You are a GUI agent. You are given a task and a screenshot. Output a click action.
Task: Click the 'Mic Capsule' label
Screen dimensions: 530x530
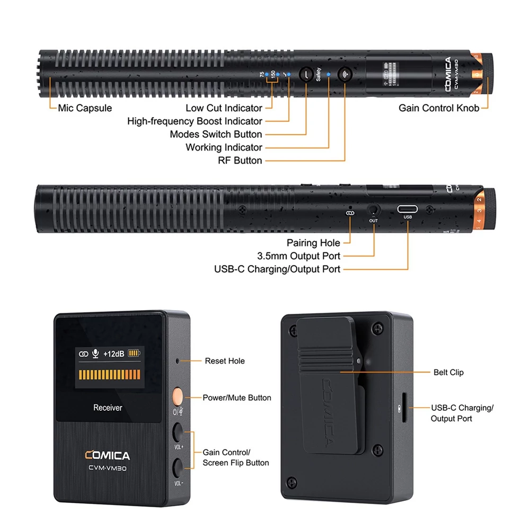click(x=85, y=108)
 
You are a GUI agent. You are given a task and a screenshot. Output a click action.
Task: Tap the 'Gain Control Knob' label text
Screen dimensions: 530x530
click(x=439, y=108)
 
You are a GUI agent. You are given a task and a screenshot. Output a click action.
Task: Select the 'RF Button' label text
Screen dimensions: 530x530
click(x=240, y=161)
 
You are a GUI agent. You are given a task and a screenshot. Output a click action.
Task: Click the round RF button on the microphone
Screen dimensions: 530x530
click(x=345, y=74)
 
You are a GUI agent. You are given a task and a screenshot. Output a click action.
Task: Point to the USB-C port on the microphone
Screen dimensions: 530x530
click(x=407, y=209)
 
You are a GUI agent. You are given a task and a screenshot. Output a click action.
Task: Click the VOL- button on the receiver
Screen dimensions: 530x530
click(x=178, y=468)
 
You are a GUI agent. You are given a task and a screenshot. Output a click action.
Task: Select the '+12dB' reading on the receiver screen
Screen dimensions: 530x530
click(x=113, y=354)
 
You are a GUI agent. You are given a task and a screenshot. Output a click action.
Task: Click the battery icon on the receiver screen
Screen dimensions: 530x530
click(x=134, y=354)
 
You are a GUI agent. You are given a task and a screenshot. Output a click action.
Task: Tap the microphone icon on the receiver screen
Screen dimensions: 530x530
click(x=95, y=354)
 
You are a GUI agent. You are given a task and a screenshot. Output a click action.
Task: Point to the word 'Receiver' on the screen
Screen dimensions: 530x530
click(x=108, y=408)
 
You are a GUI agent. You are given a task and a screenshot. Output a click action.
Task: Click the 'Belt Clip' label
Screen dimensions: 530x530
click(x=448, y=373)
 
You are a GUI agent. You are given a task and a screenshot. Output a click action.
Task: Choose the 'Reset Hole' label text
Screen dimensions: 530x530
click(x=225, y=361)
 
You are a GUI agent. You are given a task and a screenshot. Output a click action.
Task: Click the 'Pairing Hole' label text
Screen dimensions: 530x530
click(x=313, y=243)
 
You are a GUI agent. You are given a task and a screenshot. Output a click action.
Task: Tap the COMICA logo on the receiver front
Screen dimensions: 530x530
click(x=108, y=455)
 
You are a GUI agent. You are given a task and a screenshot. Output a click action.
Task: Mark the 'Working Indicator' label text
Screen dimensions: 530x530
click(x=224, y=147)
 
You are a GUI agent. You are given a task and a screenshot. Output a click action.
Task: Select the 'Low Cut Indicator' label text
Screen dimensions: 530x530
click(x=224, y=108)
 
